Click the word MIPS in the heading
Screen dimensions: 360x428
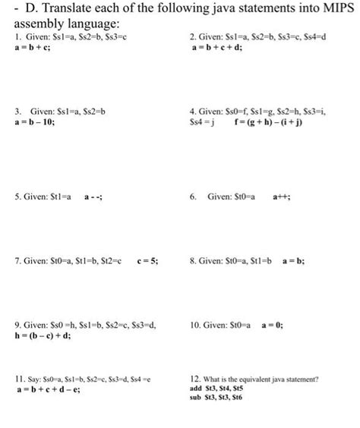331,9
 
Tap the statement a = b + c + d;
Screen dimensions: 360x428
221,48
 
